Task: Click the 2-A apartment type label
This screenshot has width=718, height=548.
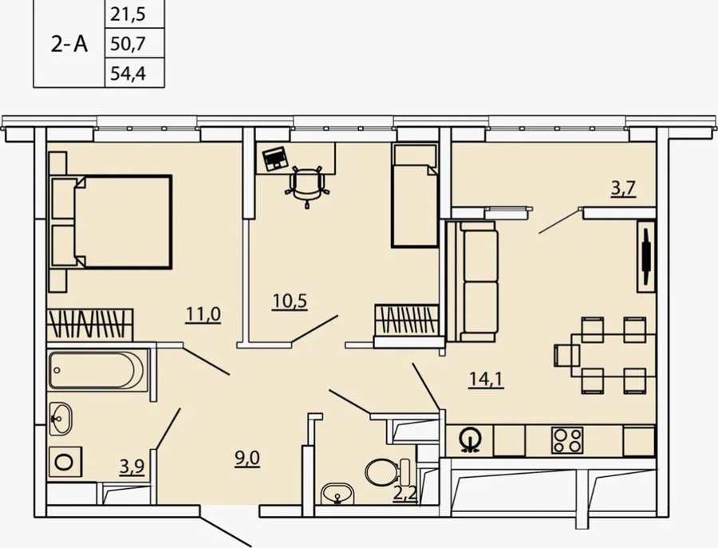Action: coord(69,45)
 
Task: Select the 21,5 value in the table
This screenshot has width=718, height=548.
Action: coord(128,14)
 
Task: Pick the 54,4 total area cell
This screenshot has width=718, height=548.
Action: coord(128,73)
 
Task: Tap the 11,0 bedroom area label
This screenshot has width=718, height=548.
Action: coord(203,314)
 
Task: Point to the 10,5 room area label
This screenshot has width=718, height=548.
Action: coord(290,302)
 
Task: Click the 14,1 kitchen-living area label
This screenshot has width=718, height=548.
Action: coord(487,380)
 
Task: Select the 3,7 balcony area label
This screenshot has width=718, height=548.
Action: coord(624,188)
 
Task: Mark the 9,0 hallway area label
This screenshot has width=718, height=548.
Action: coord(247,459)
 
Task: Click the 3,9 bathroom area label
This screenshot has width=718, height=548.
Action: coord(132,467)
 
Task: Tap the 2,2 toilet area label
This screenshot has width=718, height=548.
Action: coord(404,495)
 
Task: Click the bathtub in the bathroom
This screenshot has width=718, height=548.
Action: coord(98,370)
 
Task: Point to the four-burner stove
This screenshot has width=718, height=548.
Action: coord(567,440)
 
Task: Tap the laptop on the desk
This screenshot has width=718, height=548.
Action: coord(275,159)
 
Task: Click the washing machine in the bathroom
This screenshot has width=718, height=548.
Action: coord(65,462)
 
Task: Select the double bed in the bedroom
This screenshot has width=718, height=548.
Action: coord(111,222)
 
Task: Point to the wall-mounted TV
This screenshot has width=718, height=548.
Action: coord(646,256)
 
